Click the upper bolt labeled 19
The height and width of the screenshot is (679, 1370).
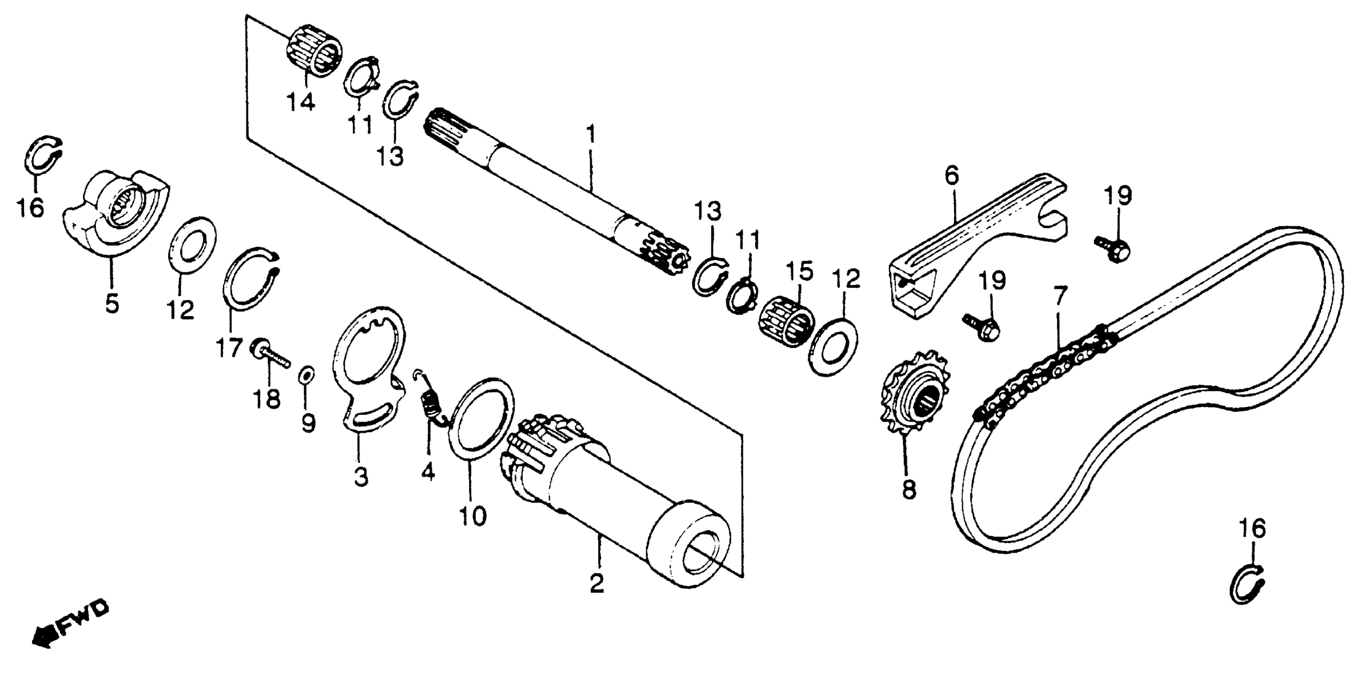[1113, 248]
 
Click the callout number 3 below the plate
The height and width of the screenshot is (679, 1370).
[360, 476]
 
